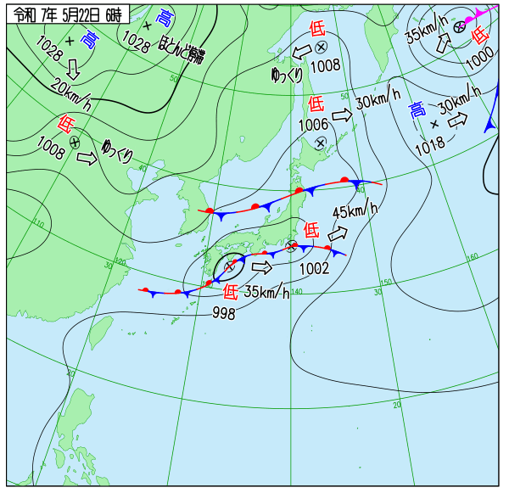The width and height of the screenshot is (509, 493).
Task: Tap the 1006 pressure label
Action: coord(313,124)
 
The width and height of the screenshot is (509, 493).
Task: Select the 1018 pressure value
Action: coord(430,146)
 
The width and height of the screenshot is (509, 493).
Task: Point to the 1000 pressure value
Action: coord(479,58)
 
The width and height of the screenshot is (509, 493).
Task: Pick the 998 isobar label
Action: coord(224,313)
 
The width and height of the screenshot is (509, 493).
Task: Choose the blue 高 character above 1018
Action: coord(417,109)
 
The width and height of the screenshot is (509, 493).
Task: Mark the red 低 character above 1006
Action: coord(316,104)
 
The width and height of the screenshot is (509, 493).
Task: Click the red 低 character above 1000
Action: coord(479,35)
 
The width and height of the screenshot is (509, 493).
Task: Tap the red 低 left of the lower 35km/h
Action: coord(230,292)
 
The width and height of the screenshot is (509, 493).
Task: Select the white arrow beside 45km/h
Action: coord(338,231)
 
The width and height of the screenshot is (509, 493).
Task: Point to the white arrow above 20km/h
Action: coord(73,68)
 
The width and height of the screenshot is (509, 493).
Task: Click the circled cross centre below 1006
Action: coord(321,142)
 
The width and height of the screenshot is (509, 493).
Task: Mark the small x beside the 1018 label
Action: coord(434,125)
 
